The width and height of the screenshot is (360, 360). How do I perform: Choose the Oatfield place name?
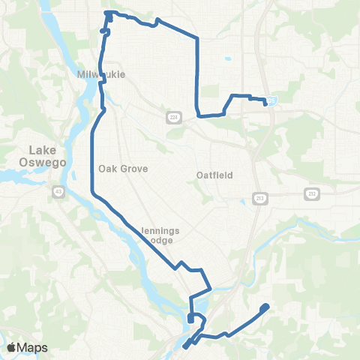pyautogui.click(x=214, y=175)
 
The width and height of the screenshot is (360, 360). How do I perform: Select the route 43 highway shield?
pyautogui.click(x=57, y=192)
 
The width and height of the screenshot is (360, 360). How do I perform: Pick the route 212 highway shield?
pyautogui.click(x=310, y=193)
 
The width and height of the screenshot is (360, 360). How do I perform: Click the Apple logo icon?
pyautogui.click(x=11, y=348)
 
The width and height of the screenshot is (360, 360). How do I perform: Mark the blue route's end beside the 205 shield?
pyautogui.click(x=265, y=103)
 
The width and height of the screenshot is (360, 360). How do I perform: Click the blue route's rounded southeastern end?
pyautogui.click(x=265, y=307)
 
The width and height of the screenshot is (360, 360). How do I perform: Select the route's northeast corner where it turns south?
pyautogui.click(x=196, y=38)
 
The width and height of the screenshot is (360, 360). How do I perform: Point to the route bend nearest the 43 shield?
pyautogui.click(x=93, y=193)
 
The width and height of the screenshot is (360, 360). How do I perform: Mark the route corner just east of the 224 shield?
pyautogui.click(x=198, y=115)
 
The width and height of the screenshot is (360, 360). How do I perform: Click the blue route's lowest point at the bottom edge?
pyautogui.click(x=183, y=348)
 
